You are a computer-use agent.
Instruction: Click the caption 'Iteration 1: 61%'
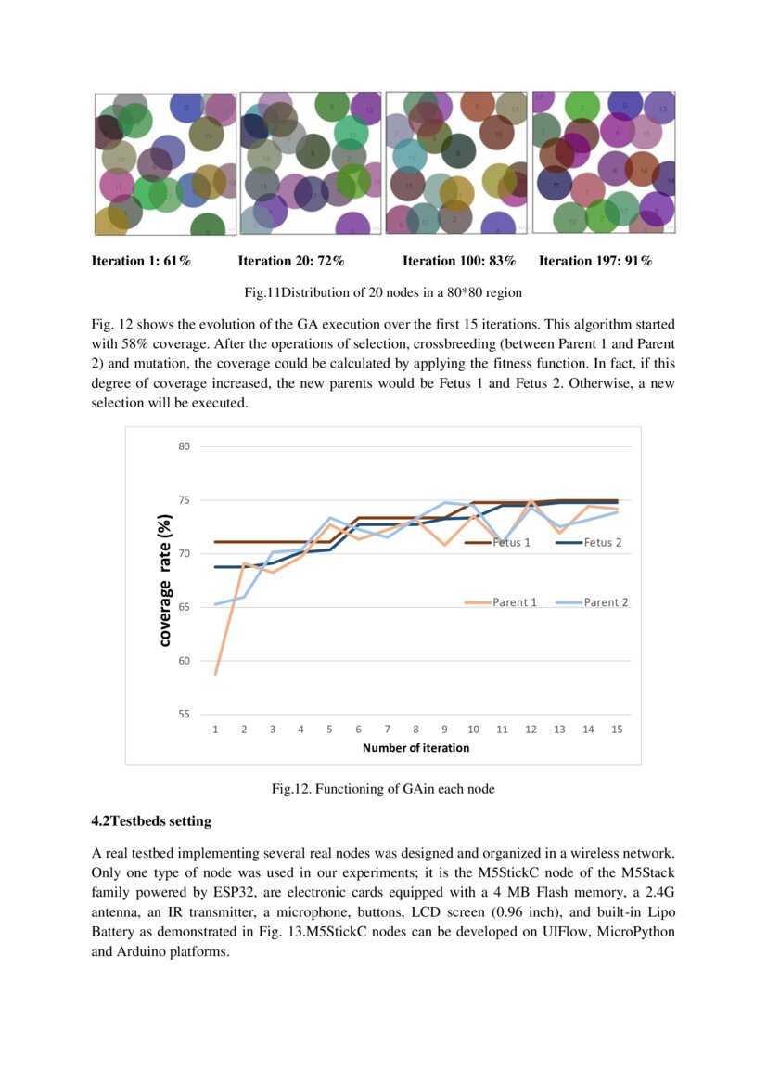141,261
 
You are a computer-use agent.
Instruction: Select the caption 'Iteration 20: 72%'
292,261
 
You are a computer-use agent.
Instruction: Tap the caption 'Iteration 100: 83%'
459,261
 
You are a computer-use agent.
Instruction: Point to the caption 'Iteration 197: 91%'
595,261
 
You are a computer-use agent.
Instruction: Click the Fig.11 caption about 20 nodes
383,293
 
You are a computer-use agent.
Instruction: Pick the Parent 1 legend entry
501,602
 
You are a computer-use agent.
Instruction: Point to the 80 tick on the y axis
184,446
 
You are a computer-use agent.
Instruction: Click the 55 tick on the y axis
184,715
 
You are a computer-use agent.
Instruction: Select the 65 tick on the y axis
184,607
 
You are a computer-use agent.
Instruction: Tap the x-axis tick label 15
617,730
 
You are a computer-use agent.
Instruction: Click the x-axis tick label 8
415,730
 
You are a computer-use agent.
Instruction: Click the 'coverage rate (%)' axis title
164,580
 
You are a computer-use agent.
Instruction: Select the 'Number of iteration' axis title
415,748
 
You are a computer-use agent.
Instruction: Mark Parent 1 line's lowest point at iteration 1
215,674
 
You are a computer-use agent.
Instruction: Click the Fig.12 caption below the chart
383,789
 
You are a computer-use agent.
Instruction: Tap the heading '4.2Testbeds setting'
151,821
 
